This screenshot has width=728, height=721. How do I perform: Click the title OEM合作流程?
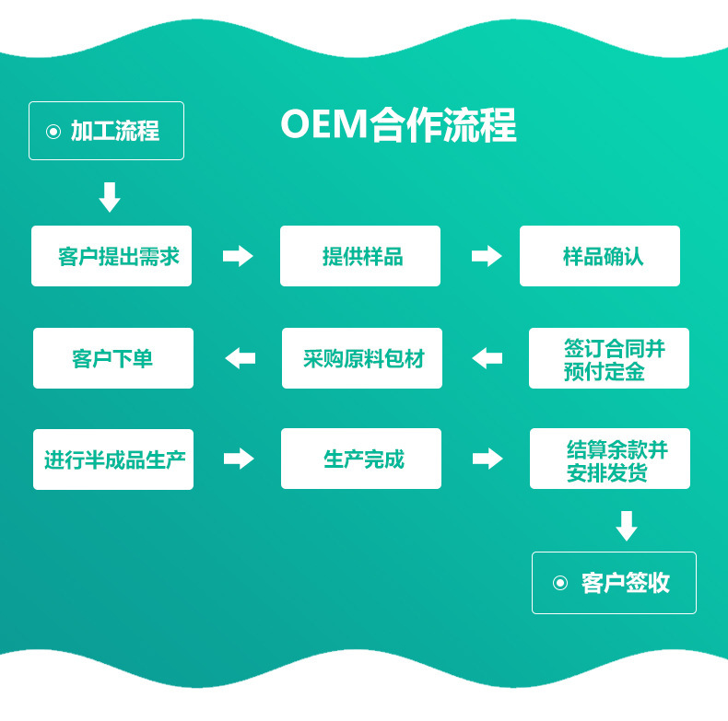pos(398,126)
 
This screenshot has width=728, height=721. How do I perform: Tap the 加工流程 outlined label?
pos(106,131)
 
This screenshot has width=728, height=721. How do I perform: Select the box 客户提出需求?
pos(112,256)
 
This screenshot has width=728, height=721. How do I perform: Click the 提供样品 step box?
pos(360,256)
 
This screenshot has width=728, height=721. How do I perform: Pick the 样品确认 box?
pos(600,256)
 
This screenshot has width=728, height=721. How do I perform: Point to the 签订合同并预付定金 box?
pos(609,358)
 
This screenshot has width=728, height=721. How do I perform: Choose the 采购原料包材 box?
pos(362,358)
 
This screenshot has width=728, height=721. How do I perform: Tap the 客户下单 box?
pos(113,358)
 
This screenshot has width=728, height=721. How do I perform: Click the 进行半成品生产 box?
pos(113,459)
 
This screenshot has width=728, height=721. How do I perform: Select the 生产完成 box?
pos(361,459)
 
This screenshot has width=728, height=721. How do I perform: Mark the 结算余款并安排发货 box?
pos(610,459)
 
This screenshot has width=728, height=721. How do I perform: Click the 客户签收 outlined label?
pos(614,583)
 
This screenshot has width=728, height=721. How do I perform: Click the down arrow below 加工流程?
pos(110,197)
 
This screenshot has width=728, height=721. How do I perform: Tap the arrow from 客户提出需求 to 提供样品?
pos(238,256)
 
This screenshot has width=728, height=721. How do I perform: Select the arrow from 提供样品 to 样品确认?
pos(487,256)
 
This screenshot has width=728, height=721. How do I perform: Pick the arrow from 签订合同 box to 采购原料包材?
pos(487,358)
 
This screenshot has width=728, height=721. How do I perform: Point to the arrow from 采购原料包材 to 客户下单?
pos(240,358)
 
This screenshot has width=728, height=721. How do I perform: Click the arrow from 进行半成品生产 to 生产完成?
pos(239,459)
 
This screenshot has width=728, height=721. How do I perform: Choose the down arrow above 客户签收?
pos(627,526)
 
